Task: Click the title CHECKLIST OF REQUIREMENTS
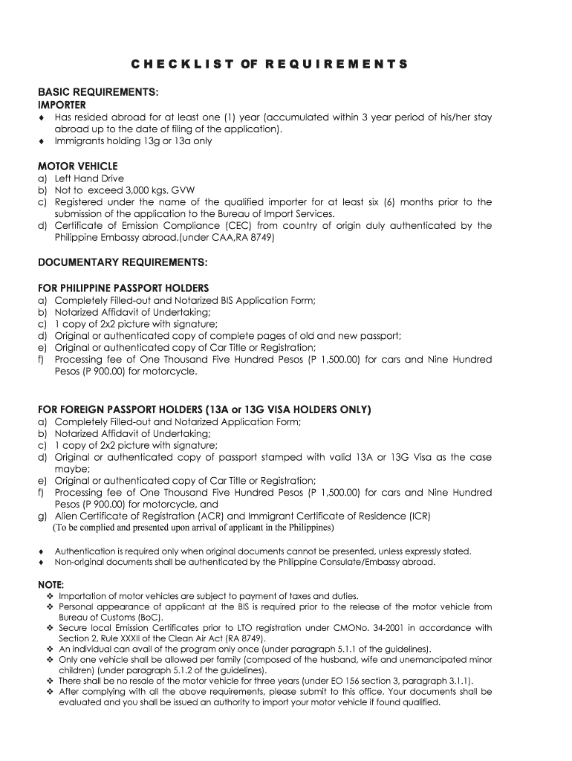pyautogui.click(x=269, y=64)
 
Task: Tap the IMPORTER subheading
pyautogui.click(x=62, y=106)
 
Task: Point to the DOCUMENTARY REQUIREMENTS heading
pyautogui.click(x=123, y=262)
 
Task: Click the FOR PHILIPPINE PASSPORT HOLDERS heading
pyautogui.click(x=123, y=288)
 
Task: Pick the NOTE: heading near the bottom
pyautogui.click(x=51, y=583)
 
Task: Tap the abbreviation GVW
pyautogui.click(x=181, y=190)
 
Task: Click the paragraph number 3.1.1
pyautogui.click(x=460, y=681)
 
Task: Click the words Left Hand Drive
pyautogui.click(x=89, y=178)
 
